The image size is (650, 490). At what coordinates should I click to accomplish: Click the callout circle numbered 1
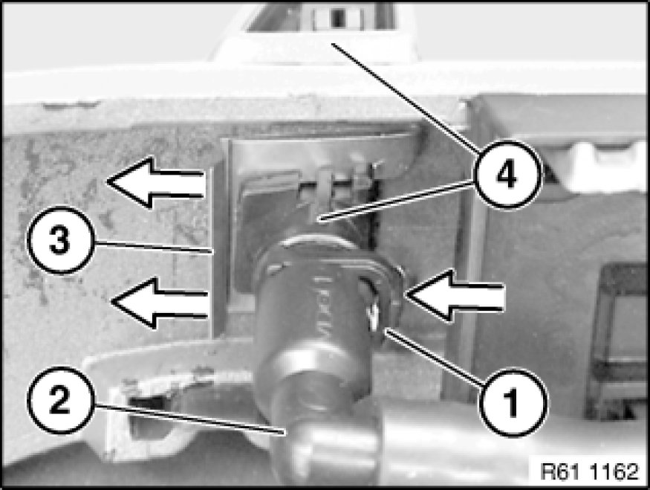pyautogui.click(x=513, y=402)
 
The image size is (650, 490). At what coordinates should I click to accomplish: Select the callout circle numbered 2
pyautogui.click(x=59, y=399)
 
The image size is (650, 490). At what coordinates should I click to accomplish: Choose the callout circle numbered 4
pyautogui.click(x=507, y=174)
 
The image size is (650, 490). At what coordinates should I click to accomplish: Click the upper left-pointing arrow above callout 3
pyautogui.click(x=155, y=182)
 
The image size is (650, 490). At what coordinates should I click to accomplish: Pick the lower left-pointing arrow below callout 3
pyautogui.click(x=159, y=303)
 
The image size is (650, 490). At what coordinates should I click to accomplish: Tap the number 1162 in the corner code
pyautogui.click(x=614, y=471)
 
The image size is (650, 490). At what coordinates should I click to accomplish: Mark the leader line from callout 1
pyautogui.click(x=434, y=356)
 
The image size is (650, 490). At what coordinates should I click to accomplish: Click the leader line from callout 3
pyautogui.click(x=153, y=246)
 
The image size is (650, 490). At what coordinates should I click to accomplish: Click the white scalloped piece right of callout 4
pyautogui.click(x=597, y=166)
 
